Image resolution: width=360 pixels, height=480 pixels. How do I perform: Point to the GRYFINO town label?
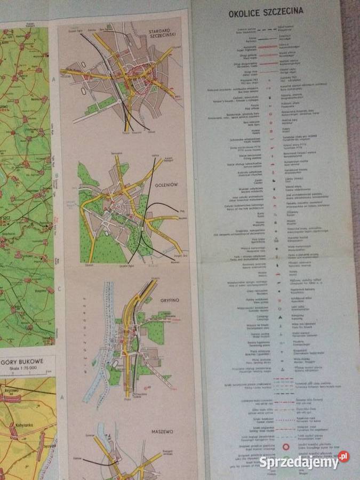pos(169,300)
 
